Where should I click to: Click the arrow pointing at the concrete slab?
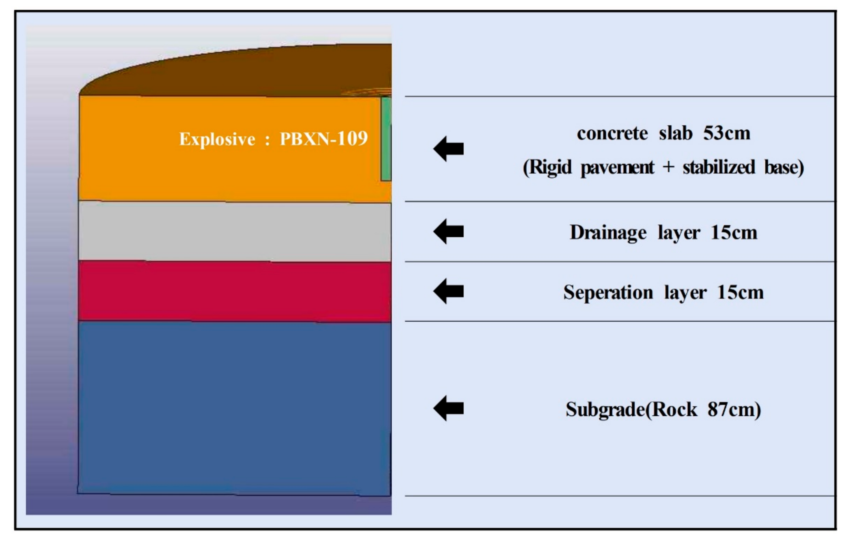(448, 149)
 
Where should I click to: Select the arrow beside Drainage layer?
(448, 232)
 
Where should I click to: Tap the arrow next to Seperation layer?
(448, 291)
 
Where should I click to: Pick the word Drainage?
(608, 233)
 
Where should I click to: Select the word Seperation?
(608, 293)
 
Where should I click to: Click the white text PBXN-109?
(324, 138)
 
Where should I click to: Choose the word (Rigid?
(547, 167)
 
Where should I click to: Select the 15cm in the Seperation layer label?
(740, 293)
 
